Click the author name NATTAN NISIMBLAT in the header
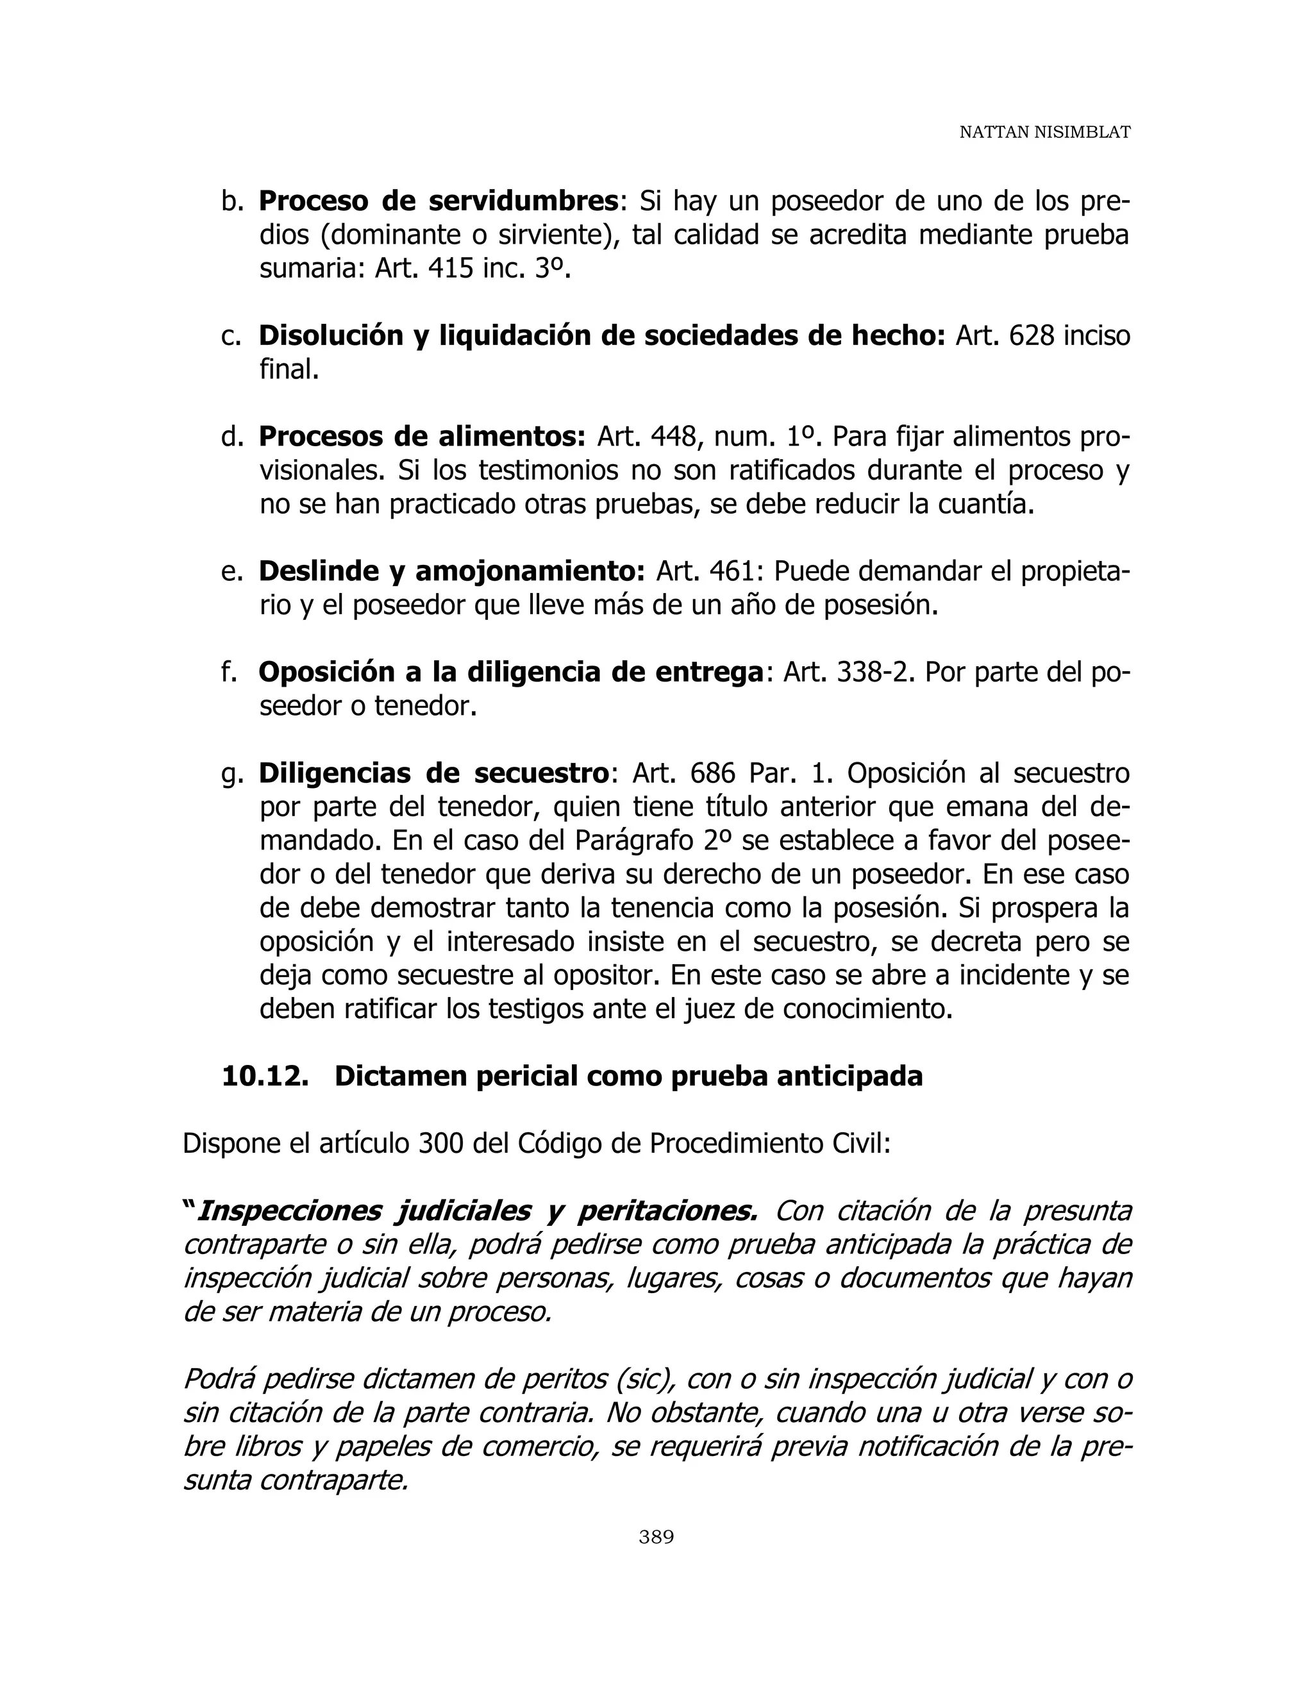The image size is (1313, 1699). tap(1044, 132)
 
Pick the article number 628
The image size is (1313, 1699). tap(1032, 336)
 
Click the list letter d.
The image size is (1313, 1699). tap(232, 437)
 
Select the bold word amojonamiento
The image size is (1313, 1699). tap(530, 572)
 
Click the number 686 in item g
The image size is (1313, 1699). tap(712, 774)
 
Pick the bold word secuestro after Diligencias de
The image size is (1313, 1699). tap(541, 774)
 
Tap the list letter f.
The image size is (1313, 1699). tap(229, 672)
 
